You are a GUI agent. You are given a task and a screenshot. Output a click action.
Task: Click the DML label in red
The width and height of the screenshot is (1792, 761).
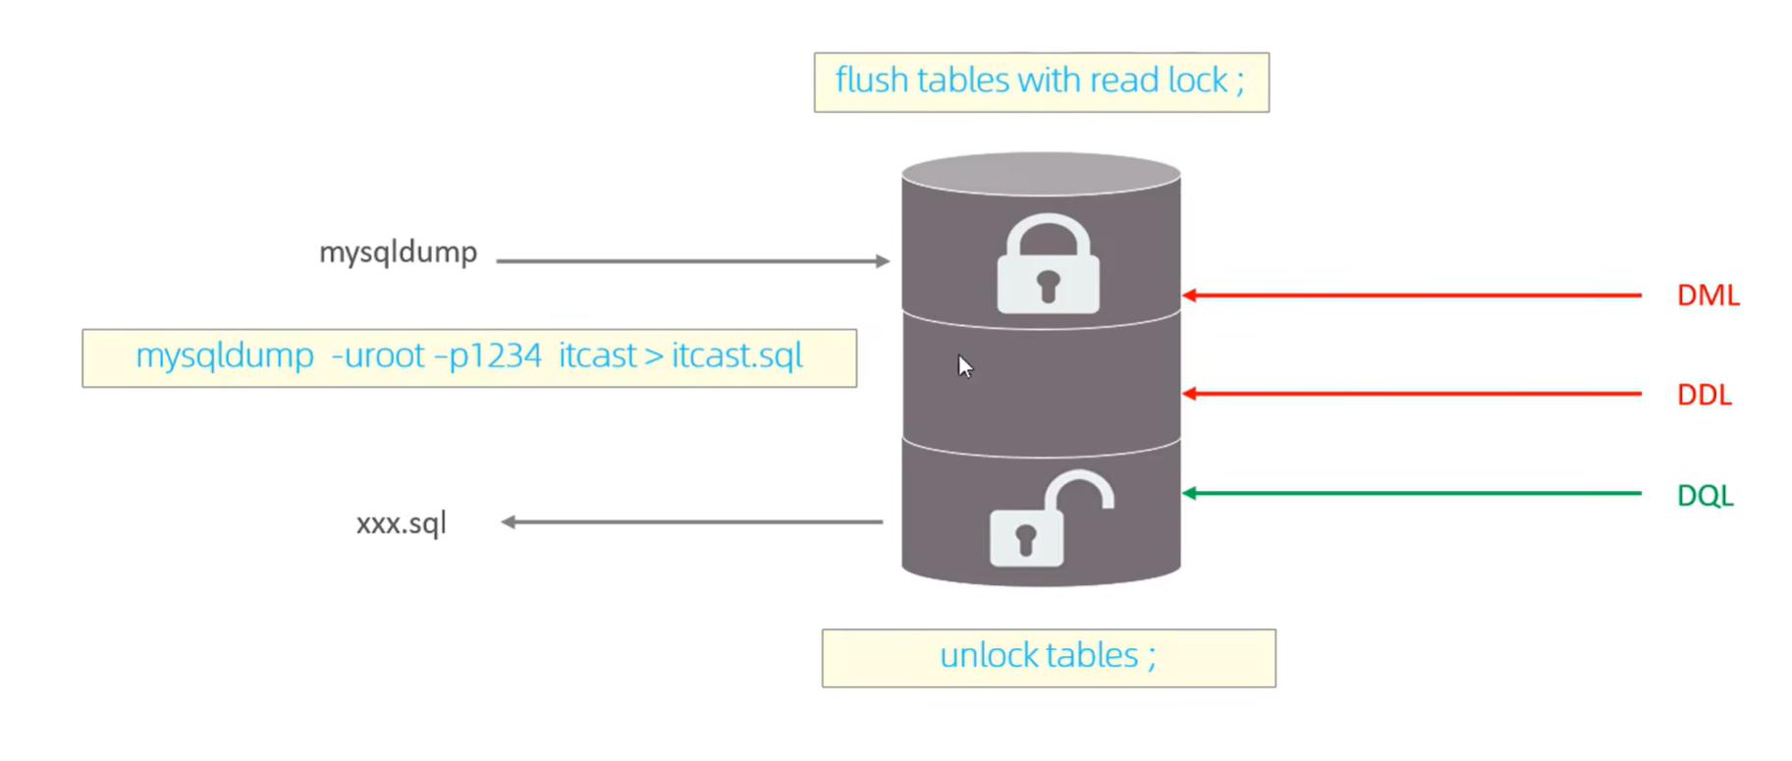pyautogui.click(x=1707, y=296)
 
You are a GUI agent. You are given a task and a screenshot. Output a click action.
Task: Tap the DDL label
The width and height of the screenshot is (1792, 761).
pyautogui.click(x=1704, y=395)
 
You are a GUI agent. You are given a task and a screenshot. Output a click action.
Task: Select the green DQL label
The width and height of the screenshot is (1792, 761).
pyautogui.click(x=1705, y=495)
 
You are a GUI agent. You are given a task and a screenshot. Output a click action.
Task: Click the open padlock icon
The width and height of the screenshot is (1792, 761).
pyautogui.click(x=1049, y=520)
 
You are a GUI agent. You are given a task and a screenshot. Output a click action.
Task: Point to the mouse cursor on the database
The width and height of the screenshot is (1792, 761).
pyautogui.click(x=964, y=365)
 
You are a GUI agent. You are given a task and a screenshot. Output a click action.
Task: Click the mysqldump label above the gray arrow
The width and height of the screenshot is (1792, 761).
pyautogui.click(x=398, y=252)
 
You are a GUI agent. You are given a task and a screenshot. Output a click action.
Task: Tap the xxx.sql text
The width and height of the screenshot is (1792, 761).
pyautogui.click(x=401, y=522)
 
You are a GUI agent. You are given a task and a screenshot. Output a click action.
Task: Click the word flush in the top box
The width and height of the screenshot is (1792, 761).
pyautogui.click(x=871, y=81)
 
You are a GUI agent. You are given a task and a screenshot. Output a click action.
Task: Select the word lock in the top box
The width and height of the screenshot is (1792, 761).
pyautogui.click(x=1197, y=81)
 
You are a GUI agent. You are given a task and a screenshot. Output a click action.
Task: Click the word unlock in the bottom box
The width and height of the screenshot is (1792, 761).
pyautogui.click(x=987, y=656)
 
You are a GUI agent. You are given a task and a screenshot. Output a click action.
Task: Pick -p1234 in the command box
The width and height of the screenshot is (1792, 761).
pyautogui.click(x=488, y=355)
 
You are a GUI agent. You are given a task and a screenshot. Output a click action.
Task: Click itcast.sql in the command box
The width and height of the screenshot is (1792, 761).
pyautogui.click(x=737, y=355)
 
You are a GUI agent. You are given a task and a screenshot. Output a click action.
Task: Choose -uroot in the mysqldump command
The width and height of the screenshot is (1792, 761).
pyautogui.click(x=378, y=355)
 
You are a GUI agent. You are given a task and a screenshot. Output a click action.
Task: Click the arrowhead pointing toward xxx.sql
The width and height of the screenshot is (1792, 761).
pyautogui.click(x=509, y=521)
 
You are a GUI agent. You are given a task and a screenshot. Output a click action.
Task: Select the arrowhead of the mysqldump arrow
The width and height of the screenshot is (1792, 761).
pyautogui.click(x=883, y=261)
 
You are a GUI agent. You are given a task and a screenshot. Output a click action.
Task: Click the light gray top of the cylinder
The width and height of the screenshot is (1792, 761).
pyautogui.click(x=1041, y=173)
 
